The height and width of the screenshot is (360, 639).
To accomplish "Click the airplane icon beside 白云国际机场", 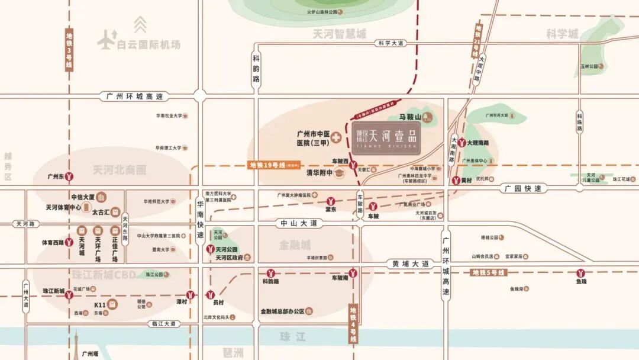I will click(x=106, y=40).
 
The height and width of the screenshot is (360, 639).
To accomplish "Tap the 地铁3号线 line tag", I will click(x=69, y=51).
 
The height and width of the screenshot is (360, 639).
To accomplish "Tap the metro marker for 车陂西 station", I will click(x=353, y=165).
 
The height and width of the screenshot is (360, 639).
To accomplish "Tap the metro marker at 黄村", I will click(x=456, y=180).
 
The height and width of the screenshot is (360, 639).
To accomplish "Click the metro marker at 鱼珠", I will click(x=582, y=273).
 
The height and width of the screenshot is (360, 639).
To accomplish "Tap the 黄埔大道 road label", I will click(x=410, y=263).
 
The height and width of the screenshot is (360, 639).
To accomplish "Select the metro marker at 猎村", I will click(x=190, y=294).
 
